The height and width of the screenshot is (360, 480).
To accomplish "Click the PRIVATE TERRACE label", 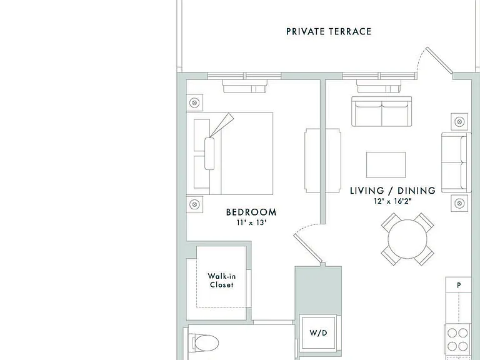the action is tap(329, 31).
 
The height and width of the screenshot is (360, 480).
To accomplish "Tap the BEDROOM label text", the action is tap(251, 212).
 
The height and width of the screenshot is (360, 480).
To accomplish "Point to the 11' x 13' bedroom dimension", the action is tap(251, 222).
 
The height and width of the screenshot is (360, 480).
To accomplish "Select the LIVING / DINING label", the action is tap(392, 191).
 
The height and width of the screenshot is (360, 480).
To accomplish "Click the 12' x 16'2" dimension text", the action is tap(392, 201).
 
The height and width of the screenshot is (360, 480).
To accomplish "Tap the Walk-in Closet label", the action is tap(222, 281).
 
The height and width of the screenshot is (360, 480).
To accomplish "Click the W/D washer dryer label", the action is tap(318, 332).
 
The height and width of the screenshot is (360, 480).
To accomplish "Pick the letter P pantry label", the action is tap(459, 285).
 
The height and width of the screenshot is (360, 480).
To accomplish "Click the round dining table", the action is tap(407, 239).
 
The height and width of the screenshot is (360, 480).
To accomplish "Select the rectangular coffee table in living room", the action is tap(386, 165).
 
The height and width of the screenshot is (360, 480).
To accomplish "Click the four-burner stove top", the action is tap(457, 339).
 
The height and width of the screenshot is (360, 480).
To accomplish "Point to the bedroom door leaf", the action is tap(308, 249).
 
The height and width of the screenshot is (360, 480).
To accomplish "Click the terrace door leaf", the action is tap(439, 61).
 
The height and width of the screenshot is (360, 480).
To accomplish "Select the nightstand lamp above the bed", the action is tap(194, 102).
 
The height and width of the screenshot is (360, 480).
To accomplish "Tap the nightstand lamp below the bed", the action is tap(194, 204).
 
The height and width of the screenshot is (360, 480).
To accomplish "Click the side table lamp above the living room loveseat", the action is tap(459, 121).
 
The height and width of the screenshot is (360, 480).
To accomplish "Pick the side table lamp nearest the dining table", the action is tap(459, 203).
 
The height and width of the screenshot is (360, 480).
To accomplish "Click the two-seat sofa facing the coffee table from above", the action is tap(381, 111).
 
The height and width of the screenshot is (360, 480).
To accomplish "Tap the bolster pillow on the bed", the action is tap(210, 153).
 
